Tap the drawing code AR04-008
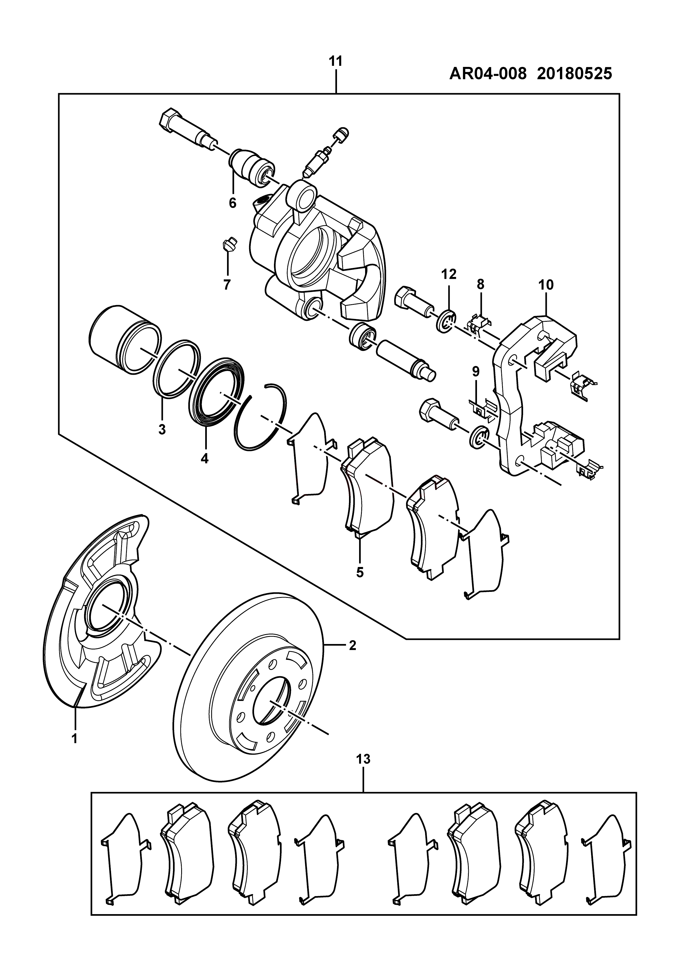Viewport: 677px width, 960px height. pyautogui.click(x=487, y=74)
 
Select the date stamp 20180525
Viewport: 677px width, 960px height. pyautogui.click(x=575, y=74)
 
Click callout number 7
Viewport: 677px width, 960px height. pyautogui.click(x=227, y=285)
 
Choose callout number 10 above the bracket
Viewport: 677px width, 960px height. pyautogui.click(x=546, y=285)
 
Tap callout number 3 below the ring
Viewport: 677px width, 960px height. pyautogui.click(x=162, y=429)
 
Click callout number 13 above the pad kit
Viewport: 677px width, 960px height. pyautogui.click(x=364, y=759)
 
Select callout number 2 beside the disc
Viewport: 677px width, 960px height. pyautogui.click(x=353, y=645)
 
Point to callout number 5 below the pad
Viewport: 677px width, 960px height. pyautogui.click(x=360, y=572)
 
